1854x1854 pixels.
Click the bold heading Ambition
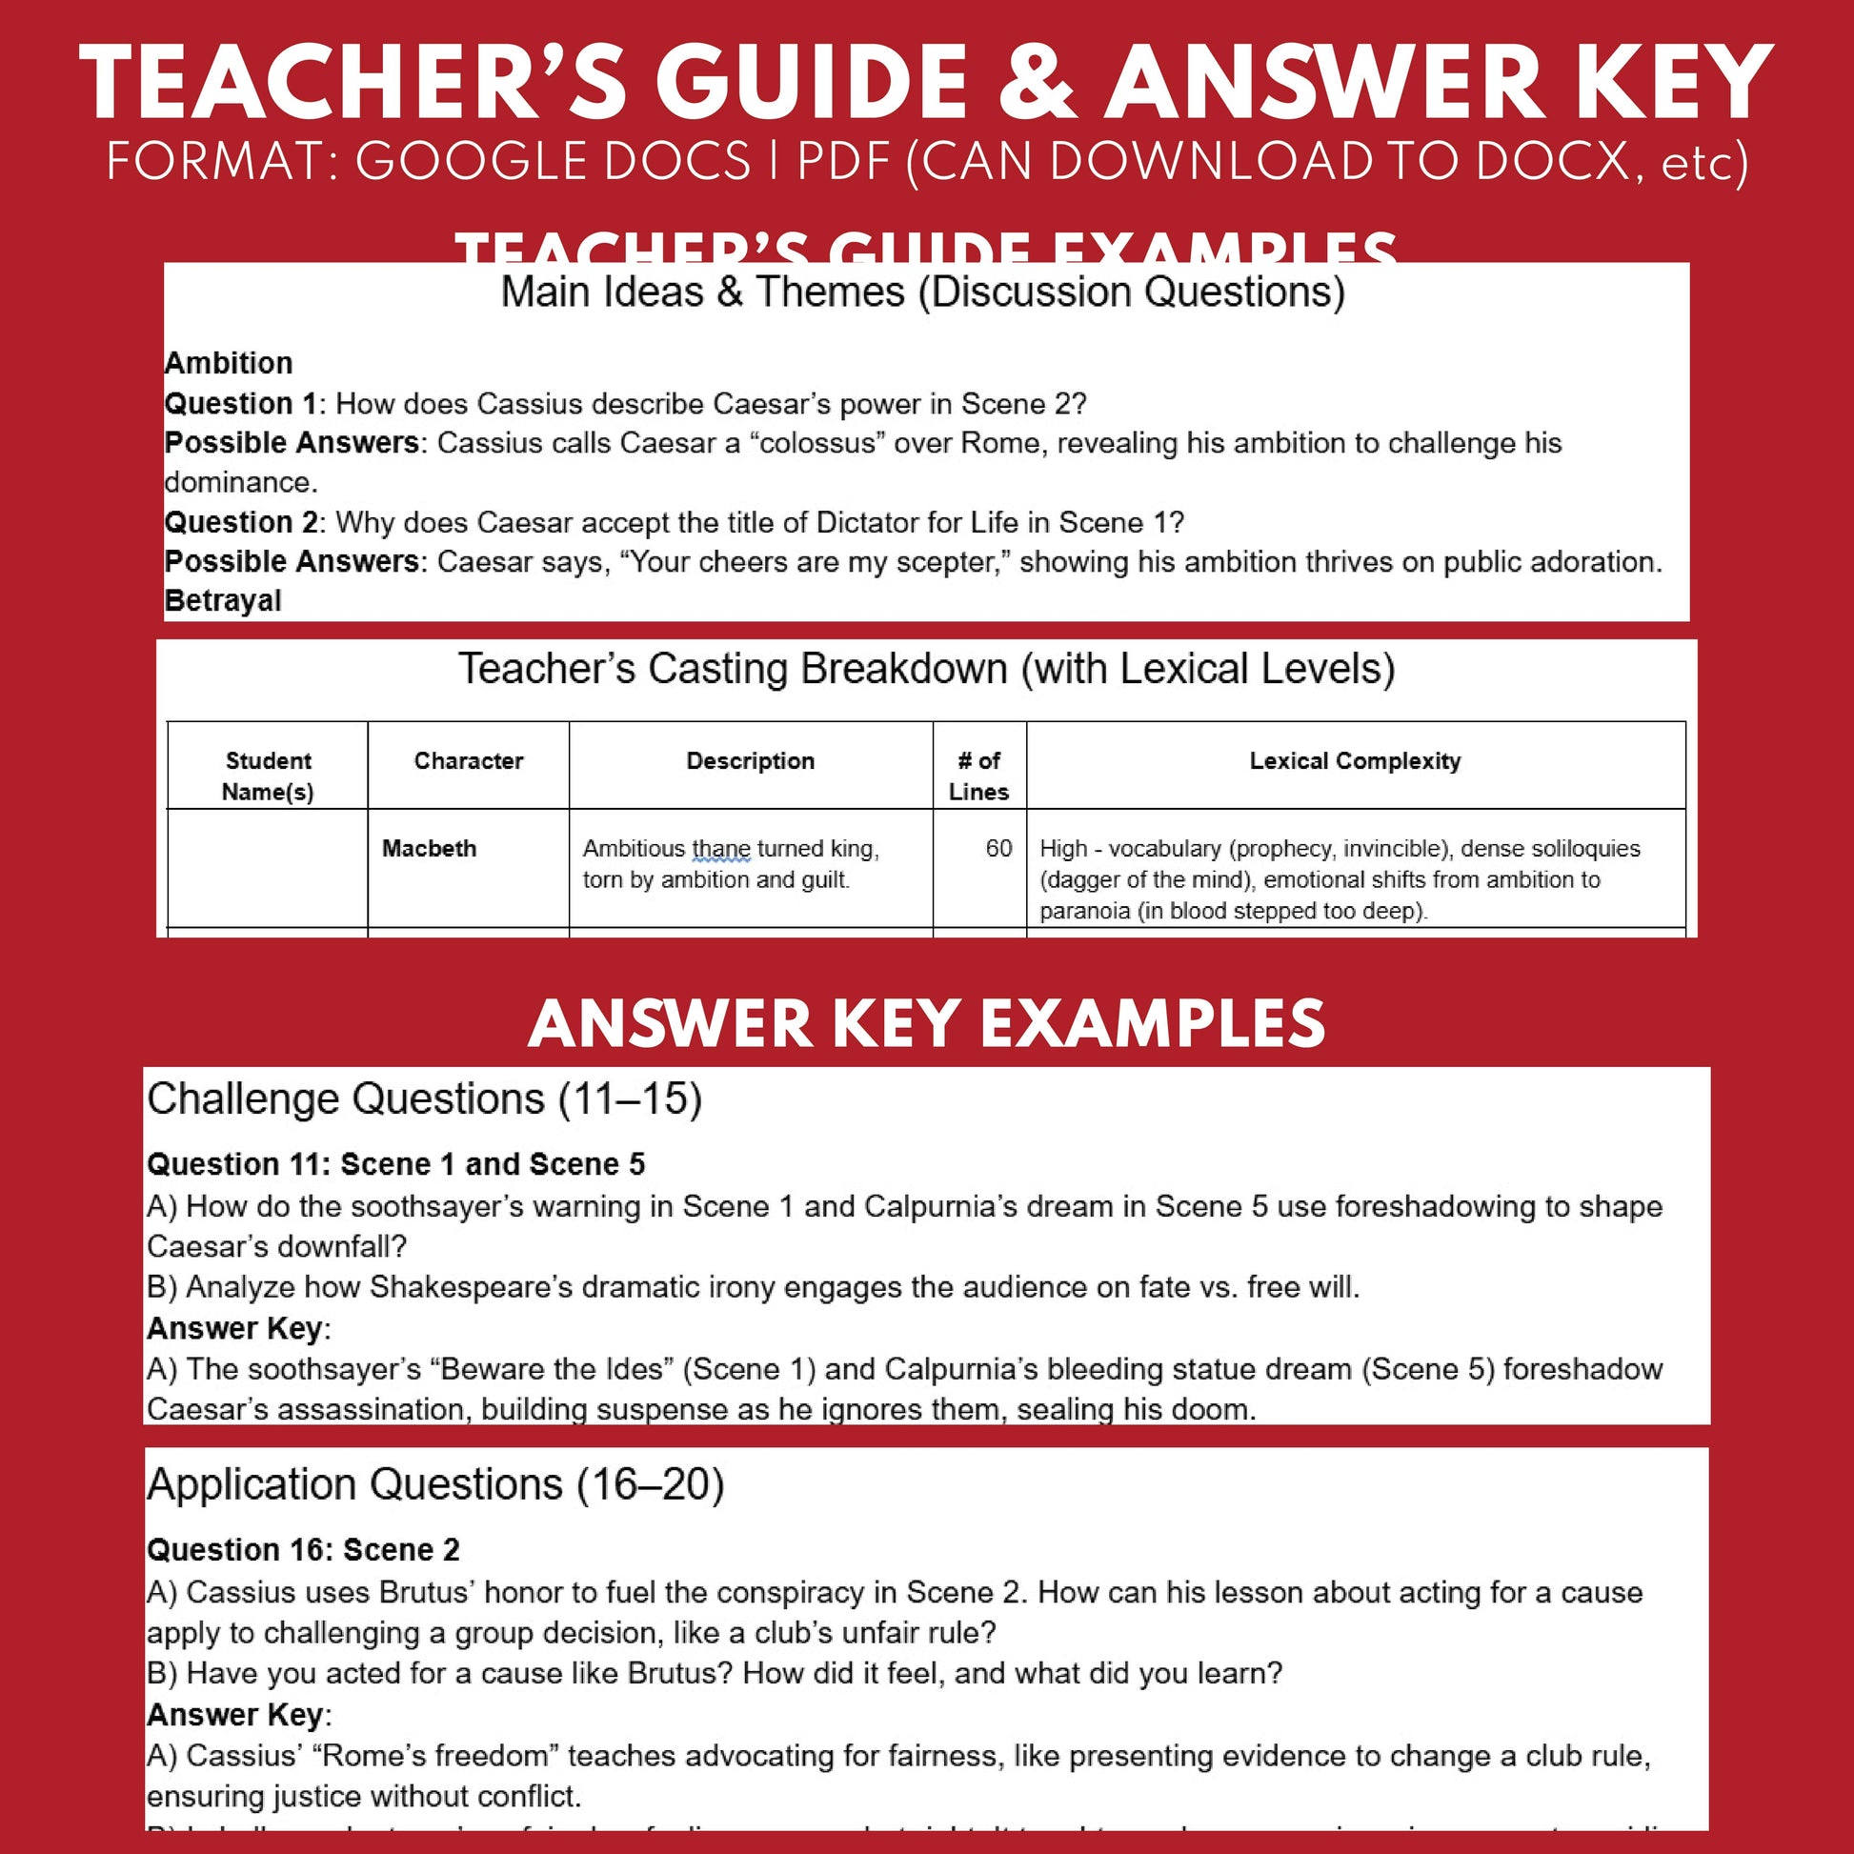pos(229,363)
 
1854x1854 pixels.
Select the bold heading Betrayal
pos(223,601)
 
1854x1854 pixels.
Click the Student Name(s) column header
pos(268,776)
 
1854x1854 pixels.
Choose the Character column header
pos(469,761)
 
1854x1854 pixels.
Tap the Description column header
pos(751,761)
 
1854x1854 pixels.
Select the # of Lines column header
pos(978,776)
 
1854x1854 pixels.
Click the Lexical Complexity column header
pos(1355,761)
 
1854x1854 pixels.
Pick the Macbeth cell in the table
pos(429,848)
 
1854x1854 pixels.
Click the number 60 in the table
pos(998,848)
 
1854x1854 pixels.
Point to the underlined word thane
pos(720,849)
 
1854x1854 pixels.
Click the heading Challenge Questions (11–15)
pos(424,1099)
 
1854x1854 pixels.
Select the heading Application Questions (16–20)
pos(435,1484)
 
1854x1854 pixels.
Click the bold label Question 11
pos(237,1164)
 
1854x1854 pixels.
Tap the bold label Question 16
pos(239,1550)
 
